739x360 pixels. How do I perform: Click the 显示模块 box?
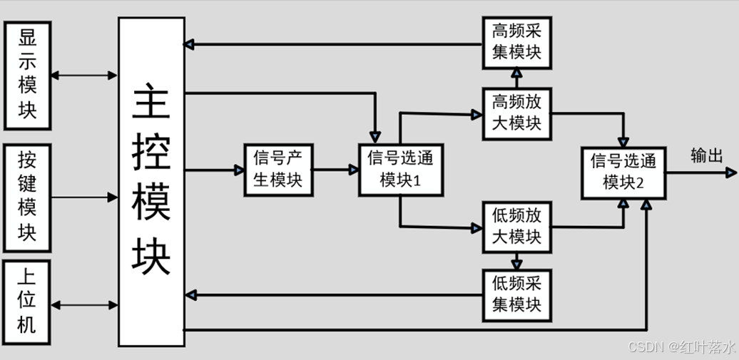[27, 75]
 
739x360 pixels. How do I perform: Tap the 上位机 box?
[27, 303]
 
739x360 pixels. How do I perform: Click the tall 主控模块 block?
[151, 181]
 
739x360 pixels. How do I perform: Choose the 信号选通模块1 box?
[400, 169]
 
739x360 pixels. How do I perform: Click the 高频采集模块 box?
[517, 42]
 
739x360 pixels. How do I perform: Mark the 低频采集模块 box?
[517, 294]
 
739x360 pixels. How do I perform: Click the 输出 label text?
[706, 155]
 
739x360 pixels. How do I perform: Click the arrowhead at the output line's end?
[730, 172]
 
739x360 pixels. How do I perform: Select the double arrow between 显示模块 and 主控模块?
[84, 74]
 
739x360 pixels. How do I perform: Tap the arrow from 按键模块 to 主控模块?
[84, 197]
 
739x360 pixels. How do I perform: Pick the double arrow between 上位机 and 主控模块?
[84, 304]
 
